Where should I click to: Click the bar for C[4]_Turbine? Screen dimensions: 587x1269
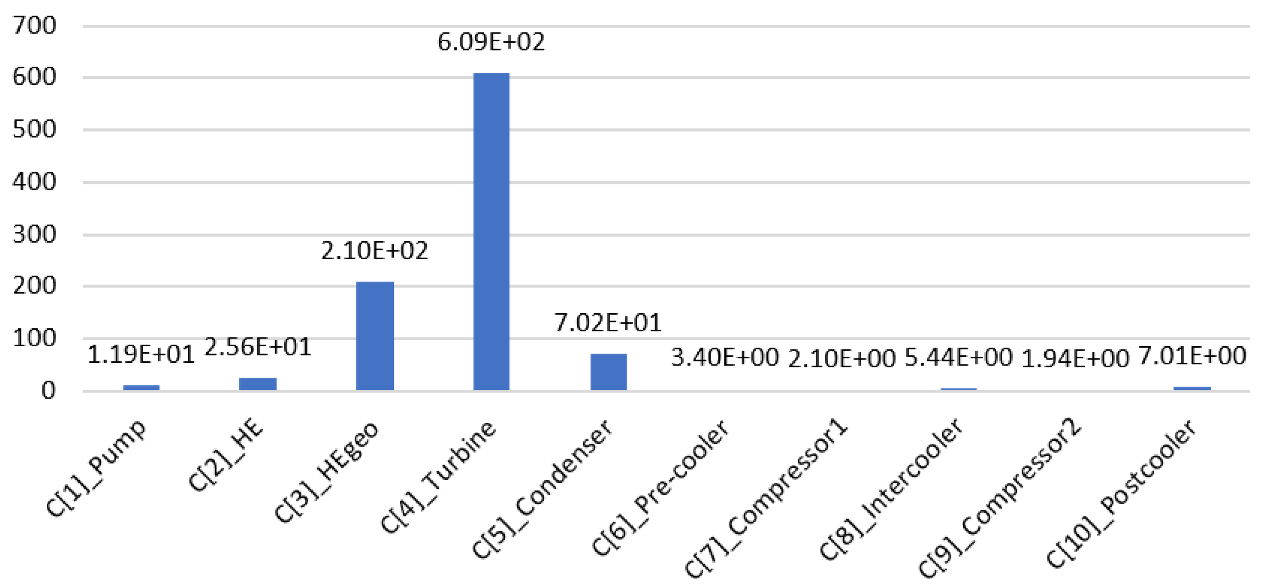491,231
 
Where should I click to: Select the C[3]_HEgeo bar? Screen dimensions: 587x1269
375,336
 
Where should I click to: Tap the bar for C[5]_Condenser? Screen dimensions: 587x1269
608,371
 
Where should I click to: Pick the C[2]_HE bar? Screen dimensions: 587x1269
258,383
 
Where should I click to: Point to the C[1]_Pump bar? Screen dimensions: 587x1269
141,388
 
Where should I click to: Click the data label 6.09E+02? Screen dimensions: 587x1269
491,42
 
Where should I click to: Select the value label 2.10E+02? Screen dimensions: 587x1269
375,251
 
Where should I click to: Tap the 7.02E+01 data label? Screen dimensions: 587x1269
608,323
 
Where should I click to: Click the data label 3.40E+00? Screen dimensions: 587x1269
725,357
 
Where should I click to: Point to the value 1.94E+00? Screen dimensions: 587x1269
1075,358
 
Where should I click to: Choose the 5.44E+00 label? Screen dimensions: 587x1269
958,357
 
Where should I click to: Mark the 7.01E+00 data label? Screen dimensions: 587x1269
1192,356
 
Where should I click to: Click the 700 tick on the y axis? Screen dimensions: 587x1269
34,26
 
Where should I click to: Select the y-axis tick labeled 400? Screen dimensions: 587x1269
34,183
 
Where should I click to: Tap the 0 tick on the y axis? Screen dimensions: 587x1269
48,391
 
